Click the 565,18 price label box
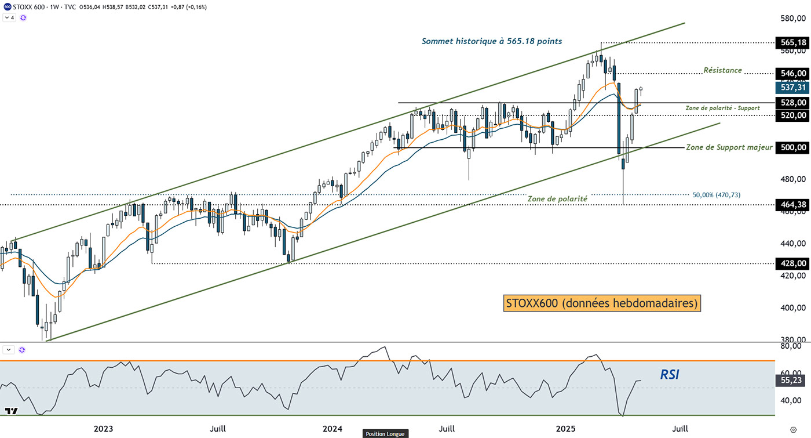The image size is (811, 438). coord(792,43)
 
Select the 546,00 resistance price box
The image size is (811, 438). coord(792,73)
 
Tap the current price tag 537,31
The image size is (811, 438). coord(792,87)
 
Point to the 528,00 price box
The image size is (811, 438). coord(792,103)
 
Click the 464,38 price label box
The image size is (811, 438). coord(792,204)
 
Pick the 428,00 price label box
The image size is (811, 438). coord(792,263)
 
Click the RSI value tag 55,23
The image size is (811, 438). coord(792,381)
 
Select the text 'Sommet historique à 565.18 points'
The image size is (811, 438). coord(492,41)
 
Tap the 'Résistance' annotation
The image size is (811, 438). coord(722,70)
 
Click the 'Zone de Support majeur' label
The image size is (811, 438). coord(729,147)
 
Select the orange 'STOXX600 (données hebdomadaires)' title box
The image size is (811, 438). coord(601,303)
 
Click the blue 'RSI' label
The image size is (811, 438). coord(670,375)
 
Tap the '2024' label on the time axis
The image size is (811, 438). coord(333,429)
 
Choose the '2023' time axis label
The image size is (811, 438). coord(104,429)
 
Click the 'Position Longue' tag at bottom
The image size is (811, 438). coord(385,433)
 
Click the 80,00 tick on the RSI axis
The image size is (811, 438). coord(791,346)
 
